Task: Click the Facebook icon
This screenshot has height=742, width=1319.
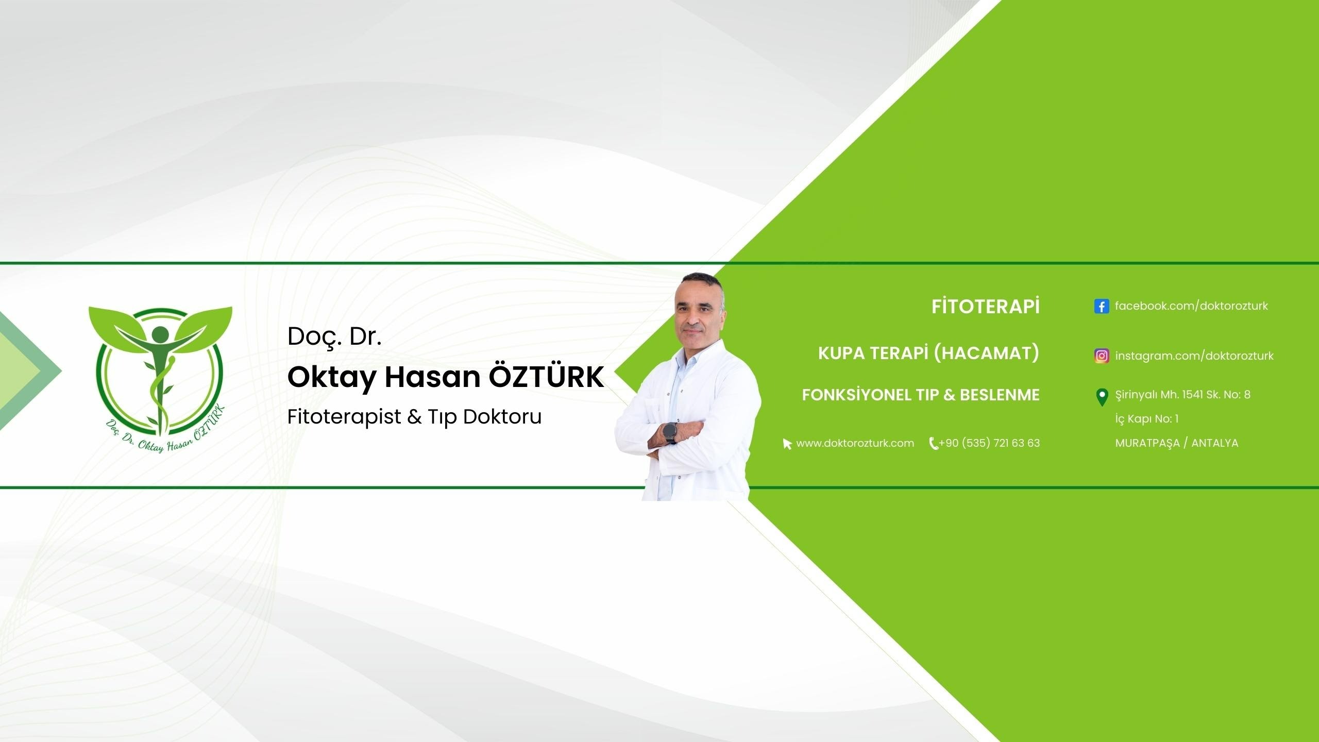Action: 1102,307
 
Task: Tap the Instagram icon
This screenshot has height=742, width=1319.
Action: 1102,356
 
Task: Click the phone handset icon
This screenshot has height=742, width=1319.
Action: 933,444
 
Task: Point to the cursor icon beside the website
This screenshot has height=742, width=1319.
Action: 787,444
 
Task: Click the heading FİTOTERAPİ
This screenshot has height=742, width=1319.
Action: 985,307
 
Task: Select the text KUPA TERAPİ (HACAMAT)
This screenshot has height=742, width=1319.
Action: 928,353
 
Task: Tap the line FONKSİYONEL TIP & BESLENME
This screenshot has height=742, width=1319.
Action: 921,395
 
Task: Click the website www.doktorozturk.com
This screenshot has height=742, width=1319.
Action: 855,443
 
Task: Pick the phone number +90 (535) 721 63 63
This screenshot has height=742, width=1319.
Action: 989,443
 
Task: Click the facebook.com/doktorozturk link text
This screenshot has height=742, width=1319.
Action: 1191,306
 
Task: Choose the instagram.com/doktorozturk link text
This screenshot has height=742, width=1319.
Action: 1194,356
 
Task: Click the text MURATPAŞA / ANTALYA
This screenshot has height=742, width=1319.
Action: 1177,443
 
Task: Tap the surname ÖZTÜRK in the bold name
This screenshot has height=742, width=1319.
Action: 546,377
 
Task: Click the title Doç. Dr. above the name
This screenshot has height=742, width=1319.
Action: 334,337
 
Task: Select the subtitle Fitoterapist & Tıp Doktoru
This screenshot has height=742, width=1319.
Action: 414,417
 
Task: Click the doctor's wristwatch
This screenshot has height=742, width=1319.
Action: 669,433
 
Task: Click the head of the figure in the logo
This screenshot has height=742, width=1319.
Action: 160,334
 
